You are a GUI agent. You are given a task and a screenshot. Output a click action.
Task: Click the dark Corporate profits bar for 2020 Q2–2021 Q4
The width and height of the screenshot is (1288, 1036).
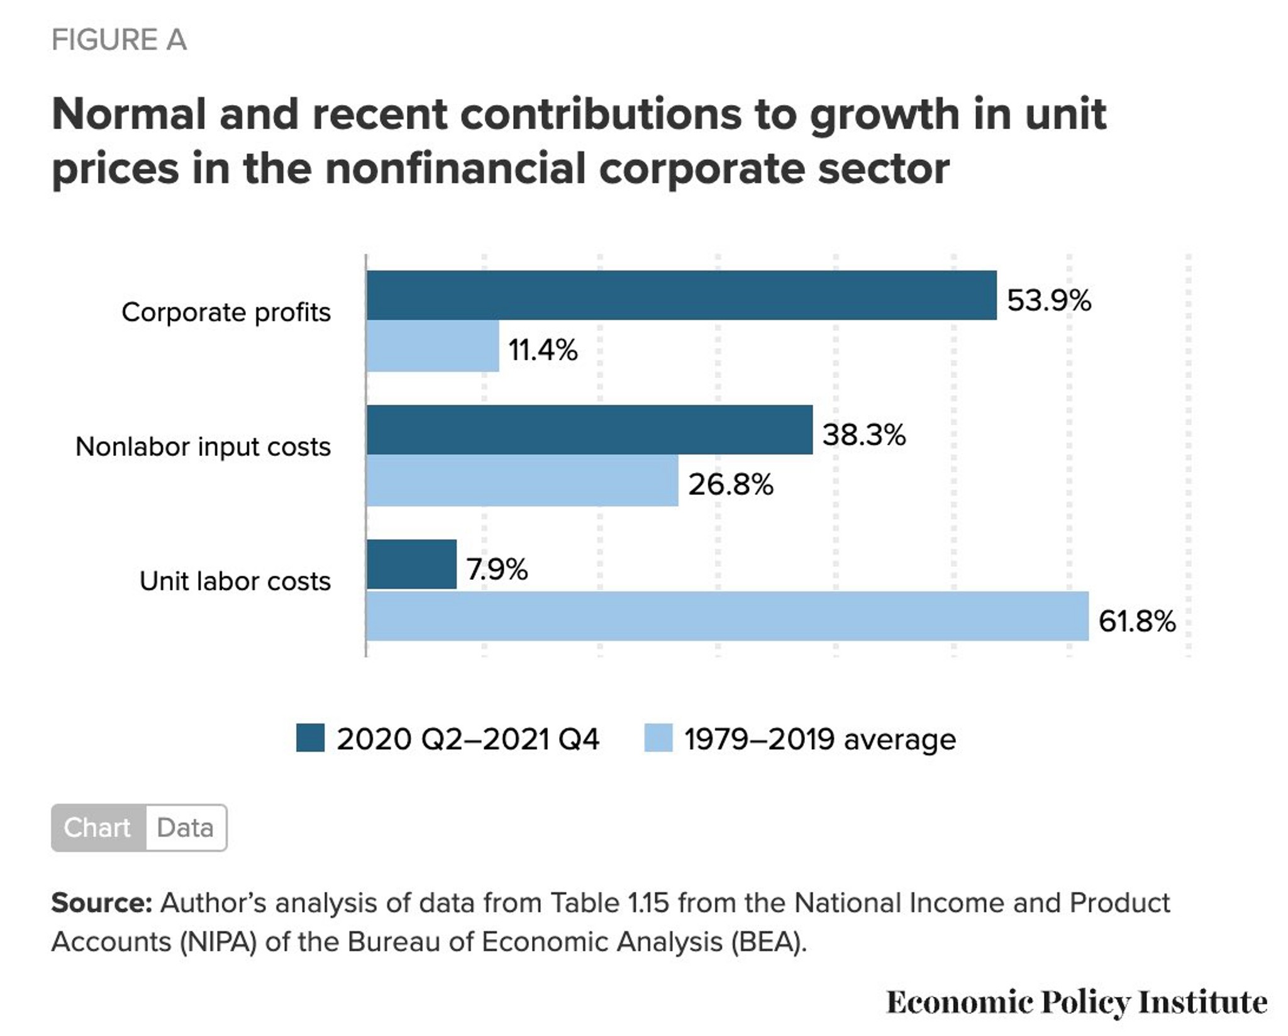(x=682, y=295)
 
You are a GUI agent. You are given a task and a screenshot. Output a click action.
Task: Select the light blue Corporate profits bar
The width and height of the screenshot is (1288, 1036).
(x=433, y=346)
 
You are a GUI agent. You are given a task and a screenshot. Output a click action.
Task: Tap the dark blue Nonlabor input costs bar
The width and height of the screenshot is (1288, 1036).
(x=589, y=430)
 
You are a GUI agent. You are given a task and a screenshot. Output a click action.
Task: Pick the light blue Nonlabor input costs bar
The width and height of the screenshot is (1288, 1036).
(x=523, y=480)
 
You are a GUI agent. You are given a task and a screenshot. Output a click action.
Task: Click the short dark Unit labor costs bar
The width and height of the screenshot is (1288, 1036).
(x=411, y=564)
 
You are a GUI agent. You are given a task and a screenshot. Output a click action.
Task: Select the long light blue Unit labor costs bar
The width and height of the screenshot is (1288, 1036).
(x=728, y=616)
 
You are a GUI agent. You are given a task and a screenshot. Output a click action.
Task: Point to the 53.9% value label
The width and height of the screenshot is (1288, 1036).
(x=1049, y=300)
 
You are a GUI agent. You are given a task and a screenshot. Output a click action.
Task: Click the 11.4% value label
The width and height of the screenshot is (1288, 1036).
(x=543, y=350)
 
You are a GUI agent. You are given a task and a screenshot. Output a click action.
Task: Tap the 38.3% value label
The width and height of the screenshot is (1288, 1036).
(x=864, y=435)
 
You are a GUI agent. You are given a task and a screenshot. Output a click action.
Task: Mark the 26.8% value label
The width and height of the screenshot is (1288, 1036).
(x=731, y=484)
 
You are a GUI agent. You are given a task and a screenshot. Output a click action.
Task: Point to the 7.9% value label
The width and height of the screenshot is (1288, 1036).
(x=497, y=569)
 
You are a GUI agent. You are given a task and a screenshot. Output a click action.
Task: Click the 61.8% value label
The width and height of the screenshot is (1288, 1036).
(x=1137, y=621)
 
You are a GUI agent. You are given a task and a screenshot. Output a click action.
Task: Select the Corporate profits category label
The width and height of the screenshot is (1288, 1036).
(x=226, y=312)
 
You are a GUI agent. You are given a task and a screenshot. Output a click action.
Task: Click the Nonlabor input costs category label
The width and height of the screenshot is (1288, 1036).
(x=203, y=447)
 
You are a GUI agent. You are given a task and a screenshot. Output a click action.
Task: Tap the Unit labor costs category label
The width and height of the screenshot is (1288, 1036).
(x=235, y=581)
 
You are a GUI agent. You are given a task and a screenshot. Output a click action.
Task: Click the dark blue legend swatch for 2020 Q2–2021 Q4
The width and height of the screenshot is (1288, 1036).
(x=311, y=738)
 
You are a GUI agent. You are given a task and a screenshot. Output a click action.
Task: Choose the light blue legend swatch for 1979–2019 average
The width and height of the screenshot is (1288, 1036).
(x=658, y=738)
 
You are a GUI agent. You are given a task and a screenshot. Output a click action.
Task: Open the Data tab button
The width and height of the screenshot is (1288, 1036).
(x=186, y=828)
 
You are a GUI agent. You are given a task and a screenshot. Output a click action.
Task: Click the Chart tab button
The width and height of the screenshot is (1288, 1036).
(x=98, y=828)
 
